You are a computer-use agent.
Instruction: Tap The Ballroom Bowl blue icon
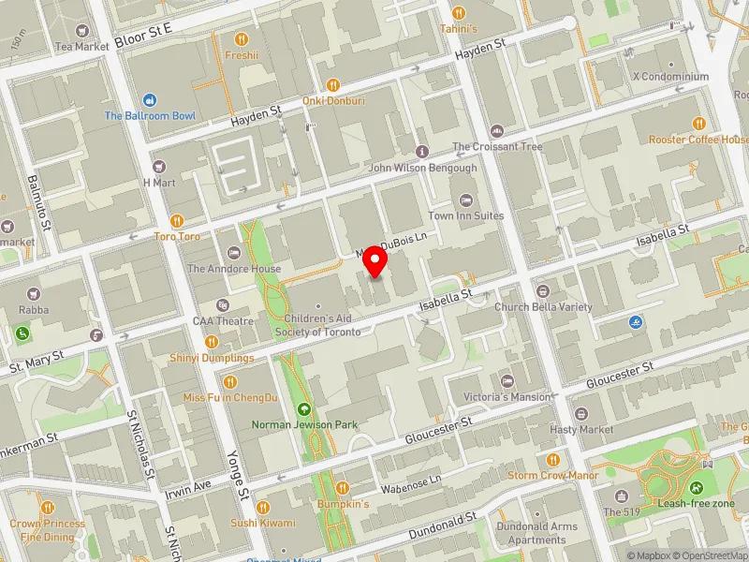[150, 100]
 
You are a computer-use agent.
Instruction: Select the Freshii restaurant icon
[242, 39]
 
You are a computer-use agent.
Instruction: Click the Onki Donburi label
[333, 100]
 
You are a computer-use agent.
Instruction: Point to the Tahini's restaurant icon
[459, 13]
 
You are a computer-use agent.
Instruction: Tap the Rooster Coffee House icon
[698, 124]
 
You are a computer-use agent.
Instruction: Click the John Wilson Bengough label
[422, 168]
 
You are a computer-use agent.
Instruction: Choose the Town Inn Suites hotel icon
[466, 200]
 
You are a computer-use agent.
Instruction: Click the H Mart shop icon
[158, 167]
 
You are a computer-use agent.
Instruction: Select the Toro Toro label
[177, 237]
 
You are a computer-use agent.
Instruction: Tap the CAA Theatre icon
[223, 305]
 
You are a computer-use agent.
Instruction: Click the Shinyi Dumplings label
[212, 358]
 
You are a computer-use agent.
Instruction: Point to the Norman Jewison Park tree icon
[304, 409]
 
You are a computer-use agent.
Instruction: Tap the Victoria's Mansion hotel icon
[508, 381]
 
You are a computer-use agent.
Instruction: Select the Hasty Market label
[582, 429]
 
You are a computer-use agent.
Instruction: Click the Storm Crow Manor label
[552, 475]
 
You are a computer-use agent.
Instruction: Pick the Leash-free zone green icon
[696, 488]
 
